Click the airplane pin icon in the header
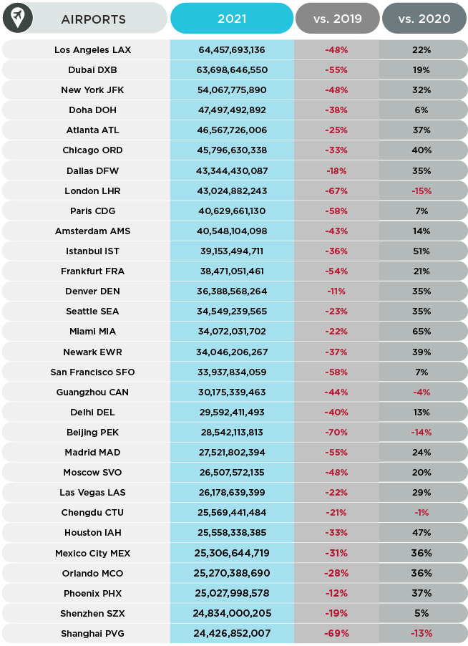(x=18, y=18)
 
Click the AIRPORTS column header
(x=94, y=19)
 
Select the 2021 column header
(x=232, y=19)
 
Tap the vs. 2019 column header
(x=338, y=19)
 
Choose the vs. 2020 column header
(x=424, y=19)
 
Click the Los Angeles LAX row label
(x=92, y=50)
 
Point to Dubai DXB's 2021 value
(x=232, y=70)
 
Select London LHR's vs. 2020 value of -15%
(x=421, y=191)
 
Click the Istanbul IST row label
(x=92, y=251)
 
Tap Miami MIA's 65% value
(x=421, y=332)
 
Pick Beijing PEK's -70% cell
(x=336, y=433)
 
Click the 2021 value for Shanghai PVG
(x=232, y=634)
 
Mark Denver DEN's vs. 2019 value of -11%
(x=336, y=291)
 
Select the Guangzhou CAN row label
(x=92, y=392)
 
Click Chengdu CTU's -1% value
(x=421, y=513)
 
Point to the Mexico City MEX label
(x=92, y=554)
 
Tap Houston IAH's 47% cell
(x=421, y=533)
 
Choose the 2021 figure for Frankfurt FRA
(x=232, y=271)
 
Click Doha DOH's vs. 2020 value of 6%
(x=421, y=110)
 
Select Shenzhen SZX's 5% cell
(x=421, y=614)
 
